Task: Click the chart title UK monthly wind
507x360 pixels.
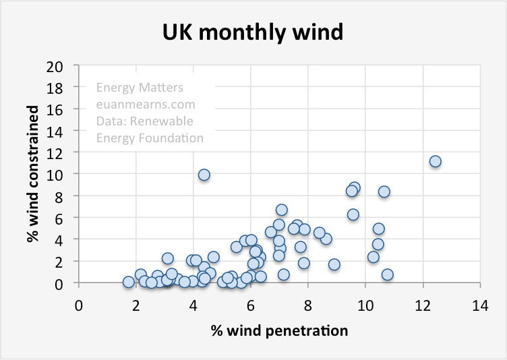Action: coord(253,32)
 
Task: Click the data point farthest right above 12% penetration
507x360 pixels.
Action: coord(435,161)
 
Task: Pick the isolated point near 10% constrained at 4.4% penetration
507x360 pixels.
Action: coord(204,175)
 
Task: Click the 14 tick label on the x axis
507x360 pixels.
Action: coord(480,303)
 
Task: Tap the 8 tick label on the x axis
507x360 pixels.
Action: coord(308,303)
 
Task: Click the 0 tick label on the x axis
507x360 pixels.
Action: coord(79,303)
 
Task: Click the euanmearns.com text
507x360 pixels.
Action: coord(146,104)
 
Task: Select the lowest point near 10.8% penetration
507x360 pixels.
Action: coord(387,274)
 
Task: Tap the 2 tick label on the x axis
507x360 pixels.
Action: coord(136,303)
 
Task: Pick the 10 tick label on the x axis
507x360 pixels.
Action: coord(365,303)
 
